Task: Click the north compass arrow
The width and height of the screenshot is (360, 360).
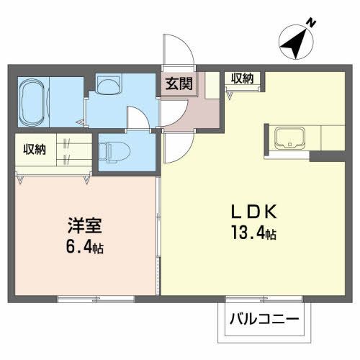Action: click(294, 42)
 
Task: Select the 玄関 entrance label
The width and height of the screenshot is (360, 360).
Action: click(177, 84)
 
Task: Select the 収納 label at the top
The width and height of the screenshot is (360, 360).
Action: click(242, 78)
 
